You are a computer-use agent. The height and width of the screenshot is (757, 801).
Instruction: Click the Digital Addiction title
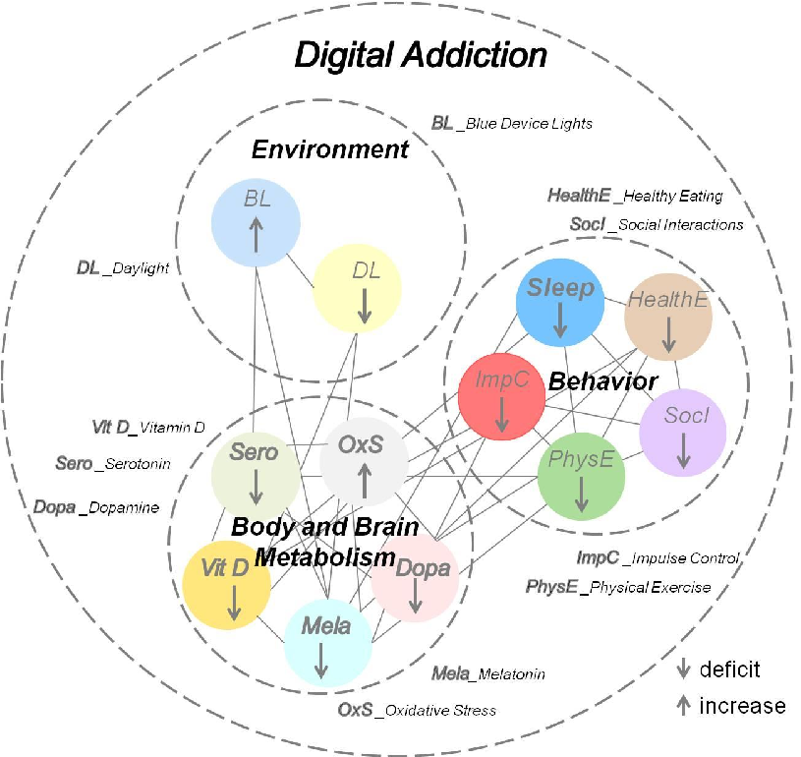(421, 55)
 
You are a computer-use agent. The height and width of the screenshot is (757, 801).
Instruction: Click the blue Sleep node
(560, 302)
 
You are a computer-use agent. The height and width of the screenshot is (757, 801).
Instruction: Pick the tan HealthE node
(668, 315)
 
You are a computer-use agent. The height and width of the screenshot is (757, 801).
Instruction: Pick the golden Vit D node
(227, 583)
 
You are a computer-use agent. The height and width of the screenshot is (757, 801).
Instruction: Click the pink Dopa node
(415, 580)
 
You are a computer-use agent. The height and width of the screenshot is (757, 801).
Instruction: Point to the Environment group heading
(329, 149)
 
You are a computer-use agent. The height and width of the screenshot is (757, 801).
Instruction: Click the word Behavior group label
(602, 379)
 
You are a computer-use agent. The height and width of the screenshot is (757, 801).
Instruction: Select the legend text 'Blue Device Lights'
(529, 124)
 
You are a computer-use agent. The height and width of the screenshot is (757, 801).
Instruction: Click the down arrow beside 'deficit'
(682, 670)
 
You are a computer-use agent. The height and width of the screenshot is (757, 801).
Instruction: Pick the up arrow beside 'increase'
(682, 705)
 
